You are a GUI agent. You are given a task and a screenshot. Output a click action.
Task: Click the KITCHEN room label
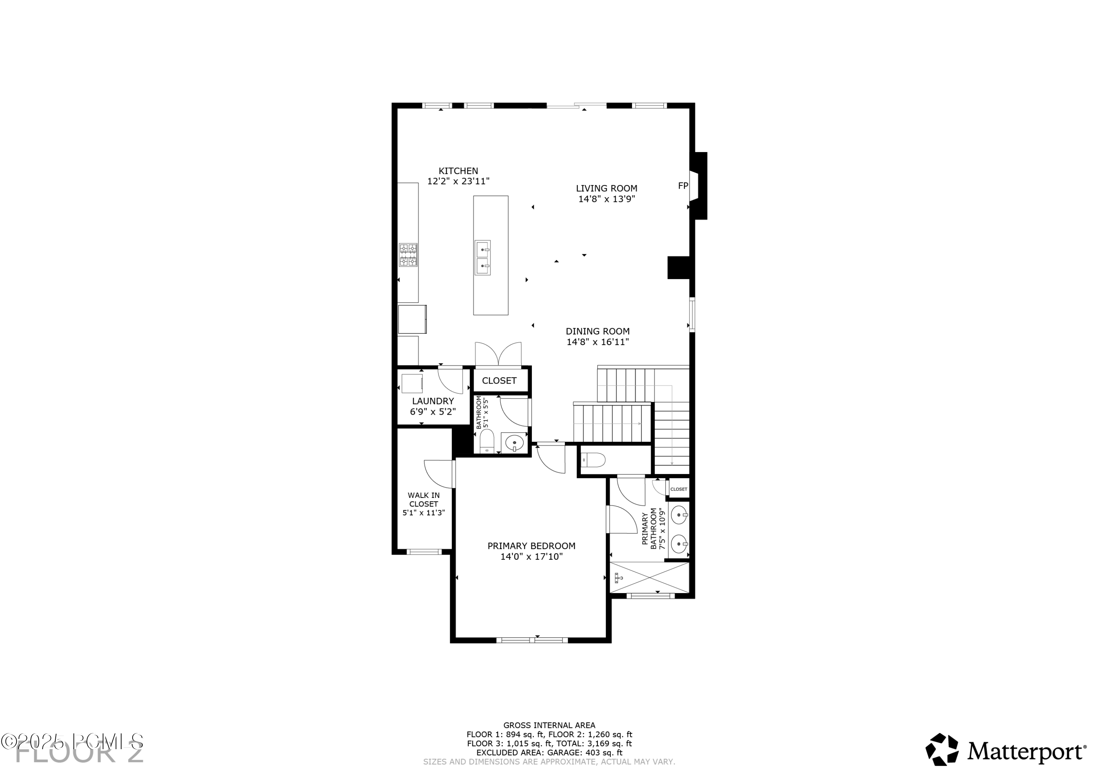point(458,171)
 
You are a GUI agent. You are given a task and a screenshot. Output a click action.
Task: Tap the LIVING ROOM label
point(606,189)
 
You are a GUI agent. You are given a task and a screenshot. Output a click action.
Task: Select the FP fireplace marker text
point(682,186)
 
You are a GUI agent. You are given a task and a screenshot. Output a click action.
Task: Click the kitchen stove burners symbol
point(408,255)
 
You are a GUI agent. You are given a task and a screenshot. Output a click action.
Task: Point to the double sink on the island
point(482,258)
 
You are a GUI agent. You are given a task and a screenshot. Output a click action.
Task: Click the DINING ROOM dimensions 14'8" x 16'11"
point(597,342)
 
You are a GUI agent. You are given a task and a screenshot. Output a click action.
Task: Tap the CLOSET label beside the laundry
point(499,381)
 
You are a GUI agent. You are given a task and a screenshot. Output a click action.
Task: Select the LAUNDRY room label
point(433,401)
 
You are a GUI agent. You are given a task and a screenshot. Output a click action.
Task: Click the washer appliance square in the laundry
point(412,384)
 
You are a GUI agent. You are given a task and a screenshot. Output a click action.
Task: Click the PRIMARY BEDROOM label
point(531,546)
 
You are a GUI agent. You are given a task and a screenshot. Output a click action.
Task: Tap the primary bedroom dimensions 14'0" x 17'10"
point(531,557)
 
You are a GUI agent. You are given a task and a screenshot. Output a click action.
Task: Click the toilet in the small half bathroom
point(486,441)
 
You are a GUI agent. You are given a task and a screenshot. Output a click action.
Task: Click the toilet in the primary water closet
point(593,460)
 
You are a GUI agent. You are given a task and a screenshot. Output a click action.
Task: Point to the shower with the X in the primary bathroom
point(650,578)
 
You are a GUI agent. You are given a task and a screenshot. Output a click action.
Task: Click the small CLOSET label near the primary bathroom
point(678,489)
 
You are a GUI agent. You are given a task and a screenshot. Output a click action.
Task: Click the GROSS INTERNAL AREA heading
point(549,725)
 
